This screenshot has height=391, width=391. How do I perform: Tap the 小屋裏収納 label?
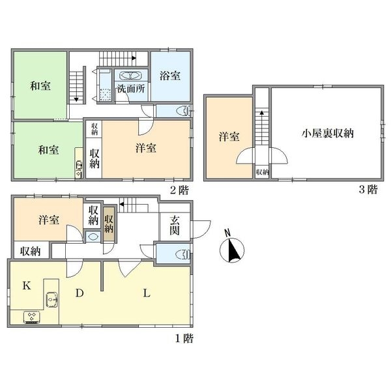pyautogui.click(x=327, y=134)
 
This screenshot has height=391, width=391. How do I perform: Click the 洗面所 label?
pyautogui.click(x=130, y=89)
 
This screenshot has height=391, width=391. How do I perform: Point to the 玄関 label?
pyautogui.click(x=175, y=226)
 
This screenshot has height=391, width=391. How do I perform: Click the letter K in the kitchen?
pyautogui.click(x=27, y=285)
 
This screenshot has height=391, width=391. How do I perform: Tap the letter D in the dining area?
pyautogui.click(x=79, y=294)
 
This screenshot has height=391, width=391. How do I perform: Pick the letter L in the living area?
pyautogui.click(x=147, y=294)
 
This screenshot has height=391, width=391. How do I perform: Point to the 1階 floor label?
pyautogui.click(x=182, y=338)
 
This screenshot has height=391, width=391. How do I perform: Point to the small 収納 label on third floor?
pyautogui.click(x=262, y=172)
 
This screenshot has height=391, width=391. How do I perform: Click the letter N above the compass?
pyautogui.click(x=227, y=233)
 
